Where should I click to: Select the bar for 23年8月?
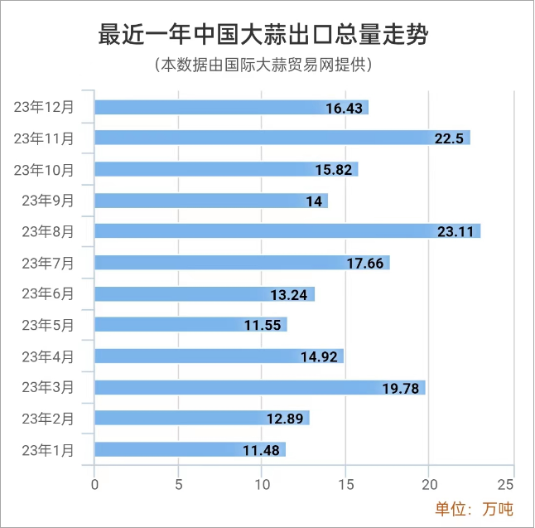pos(287,231)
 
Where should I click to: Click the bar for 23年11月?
pos(282,138)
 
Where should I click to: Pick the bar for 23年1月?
pos(190,449)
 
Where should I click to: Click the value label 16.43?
pos(345,108)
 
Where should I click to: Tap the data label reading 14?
pos(313,201)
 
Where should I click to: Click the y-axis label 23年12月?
pos(44,107)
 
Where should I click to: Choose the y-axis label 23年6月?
pos(47,293)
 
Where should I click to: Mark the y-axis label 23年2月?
pos(47,418)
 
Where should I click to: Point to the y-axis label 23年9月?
pos(47,200)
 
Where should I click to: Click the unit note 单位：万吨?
pos(475,508)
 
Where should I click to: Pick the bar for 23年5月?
pos(190,325)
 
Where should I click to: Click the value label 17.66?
pos(365,264)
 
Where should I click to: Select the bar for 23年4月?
pos(219,356)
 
